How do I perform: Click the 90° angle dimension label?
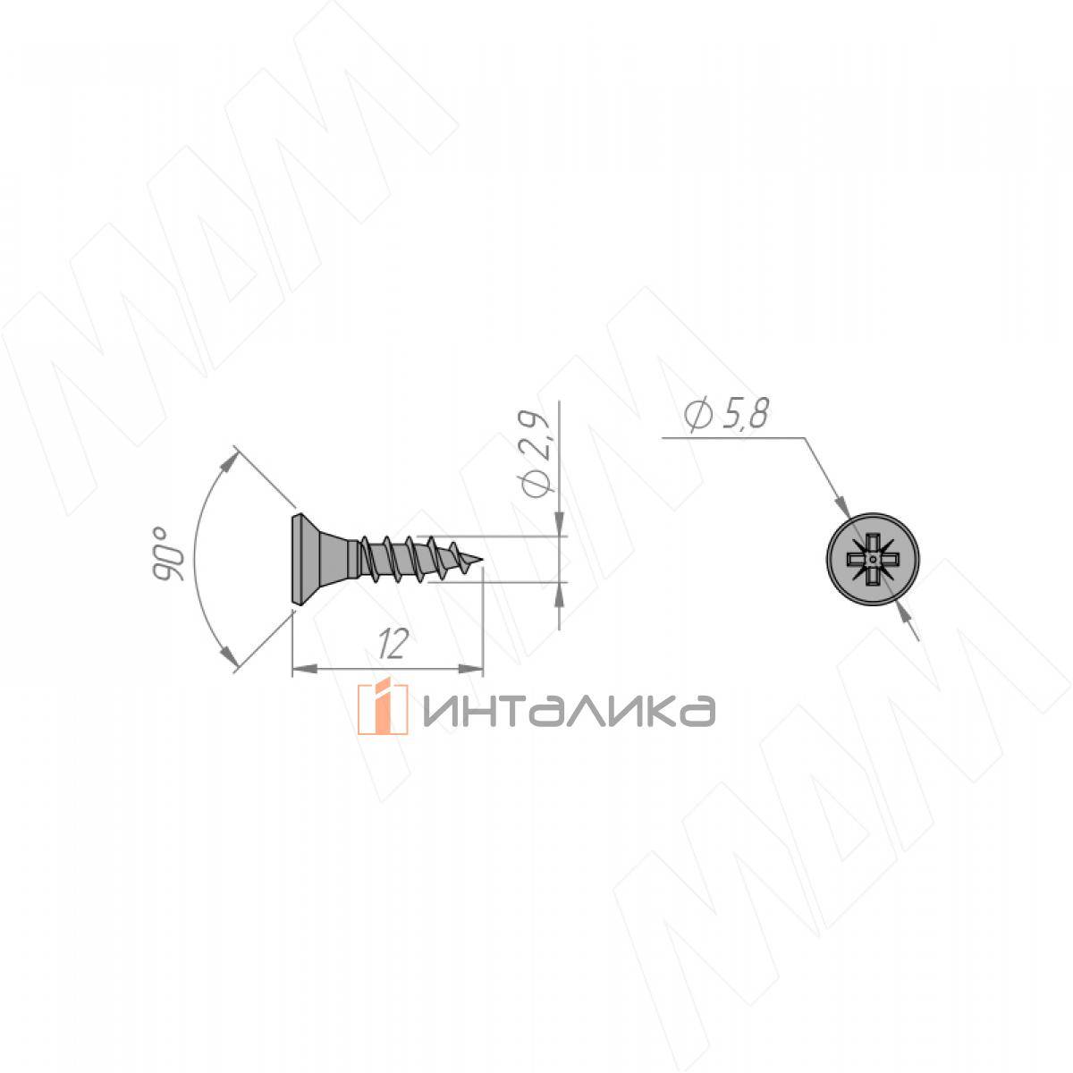pos(167,553)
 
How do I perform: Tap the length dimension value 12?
pos(393,644)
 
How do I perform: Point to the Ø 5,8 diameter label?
pos(727,414)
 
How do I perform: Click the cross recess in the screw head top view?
pos(873,558)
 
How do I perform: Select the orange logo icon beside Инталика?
pos(382,709)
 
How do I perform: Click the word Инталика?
pos(569,711)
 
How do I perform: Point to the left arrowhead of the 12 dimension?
pos(304,668)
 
